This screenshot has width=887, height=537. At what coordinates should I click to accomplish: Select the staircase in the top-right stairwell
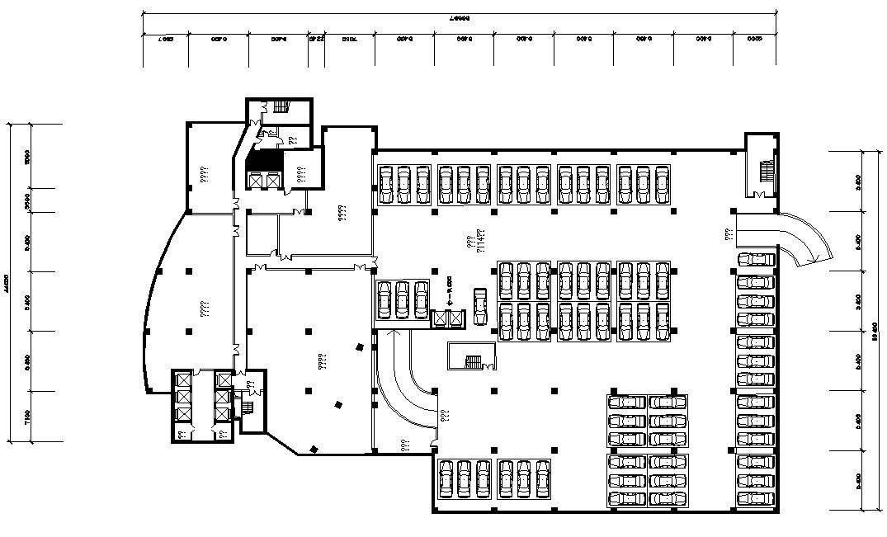[767, 171]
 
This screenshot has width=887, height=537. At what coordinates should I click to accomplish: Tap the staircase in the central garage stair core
[474, 361]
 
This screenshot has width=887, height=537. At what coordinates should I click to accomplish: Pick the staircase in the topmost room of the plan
[281, 106]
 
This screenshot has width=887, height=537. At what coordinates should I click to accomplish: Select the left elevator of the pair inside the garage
[440, 317]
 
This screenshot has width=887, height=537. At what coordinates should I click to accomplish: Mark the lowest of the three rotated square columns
[313, 449]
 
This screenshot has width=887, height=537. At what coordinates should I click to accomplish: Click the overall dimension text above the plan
[460, 17]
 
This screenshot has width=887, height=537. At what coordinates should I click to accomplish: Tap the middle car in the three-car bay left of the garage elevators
[403, 299]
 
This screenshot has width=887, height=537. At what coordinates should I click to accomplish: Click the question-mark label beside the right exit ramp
[729, 234]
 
